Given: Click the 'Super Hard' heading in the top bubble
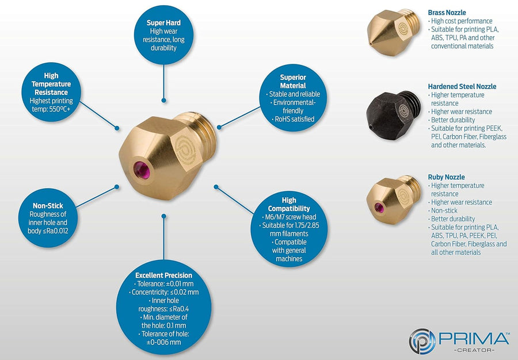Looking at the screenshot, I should (x=164, y=23).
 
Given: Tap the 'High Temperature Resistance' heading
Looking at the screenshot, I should (x=51, y=83).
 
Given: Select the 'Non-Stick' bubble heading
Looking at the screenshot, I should (x=48, y=205).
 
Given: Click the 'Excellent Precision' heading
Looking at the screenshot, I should (x=164, y=275).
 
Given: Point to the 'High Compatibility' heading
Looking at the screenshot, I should (x=289, y=204).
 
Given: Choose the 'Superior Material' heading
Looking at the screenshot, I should (x=292, y=81).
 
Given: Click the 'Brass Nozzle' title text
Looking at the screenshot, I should (x=447, y=12).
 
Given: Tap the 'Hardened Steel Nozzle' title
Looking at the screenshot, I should (x=462, y=86).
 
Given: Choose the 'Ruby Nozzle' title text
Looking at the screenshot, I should (x=446, y=177).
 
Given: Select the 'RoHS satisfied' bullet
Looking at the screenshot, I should (x=294, y=119).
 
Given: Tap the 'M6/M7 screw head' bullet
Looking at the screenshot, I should (x=288, y=216).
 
